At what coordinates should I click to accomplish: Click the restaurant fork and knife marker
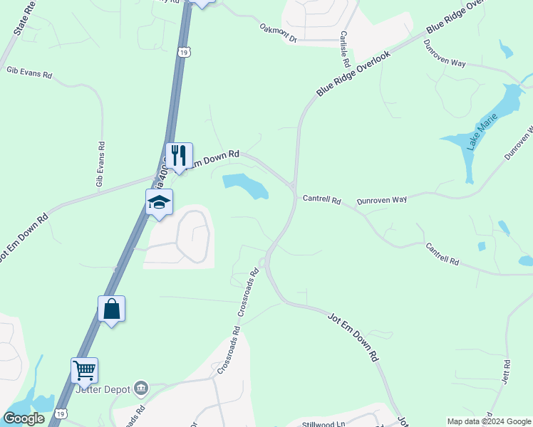point(179,156)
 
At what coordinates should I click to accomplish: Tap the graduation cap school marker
point(159,203)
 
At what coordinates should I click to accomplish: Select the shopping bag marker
point(111,309)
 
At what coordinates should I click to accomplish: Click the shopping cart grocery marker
point(84,370)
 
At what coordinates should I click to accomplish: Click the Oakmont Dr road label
point(278,33)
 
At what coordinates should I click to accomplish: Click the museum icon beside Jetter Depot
point(141,388)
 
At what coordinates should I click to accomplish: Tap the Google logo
point(24,418)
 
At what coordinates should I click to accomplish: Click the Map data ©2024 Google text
point(489,421)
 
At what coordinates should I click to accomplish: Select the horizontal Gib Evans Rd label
point(29,73)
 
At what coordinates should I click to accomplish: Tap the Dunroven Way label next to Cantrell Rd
point(381,201)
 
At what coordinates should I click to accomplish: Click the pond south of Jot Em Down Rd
point(246,186)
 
